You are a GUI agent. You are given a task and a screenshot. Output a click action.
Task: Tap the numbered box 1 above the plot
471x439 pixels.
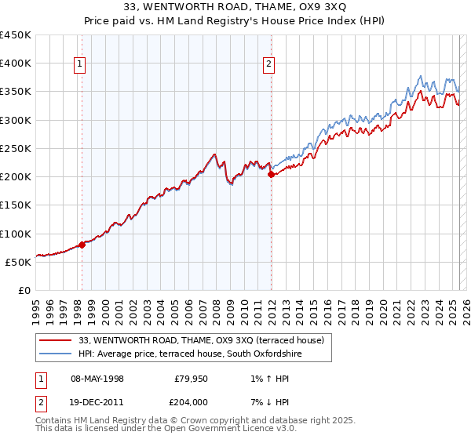coord(80,65)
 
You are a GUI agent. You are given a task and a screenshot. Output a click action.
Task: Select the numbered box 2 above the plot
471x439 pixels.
coord(269,65)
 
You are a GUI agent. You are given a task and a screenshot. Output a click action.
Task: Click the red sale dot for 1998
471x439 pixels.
coord(82,245)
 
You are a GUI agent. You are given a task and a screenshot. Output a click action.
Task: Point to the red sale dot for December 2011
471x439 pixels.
coord(271,175)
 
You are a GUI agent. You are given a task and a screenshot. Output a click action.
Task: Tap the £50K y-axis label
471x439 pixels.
coord(19,262)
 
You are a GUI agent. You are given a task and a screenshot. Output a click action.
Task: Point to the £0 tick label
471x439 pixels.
coord(25,290)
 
